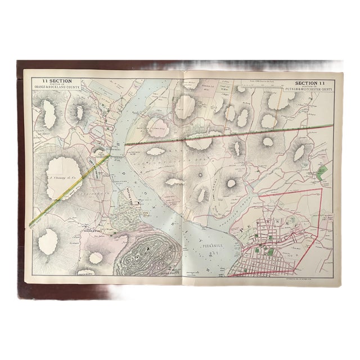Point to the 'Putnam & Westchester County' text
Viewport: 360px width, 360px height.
pos(313,88)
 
